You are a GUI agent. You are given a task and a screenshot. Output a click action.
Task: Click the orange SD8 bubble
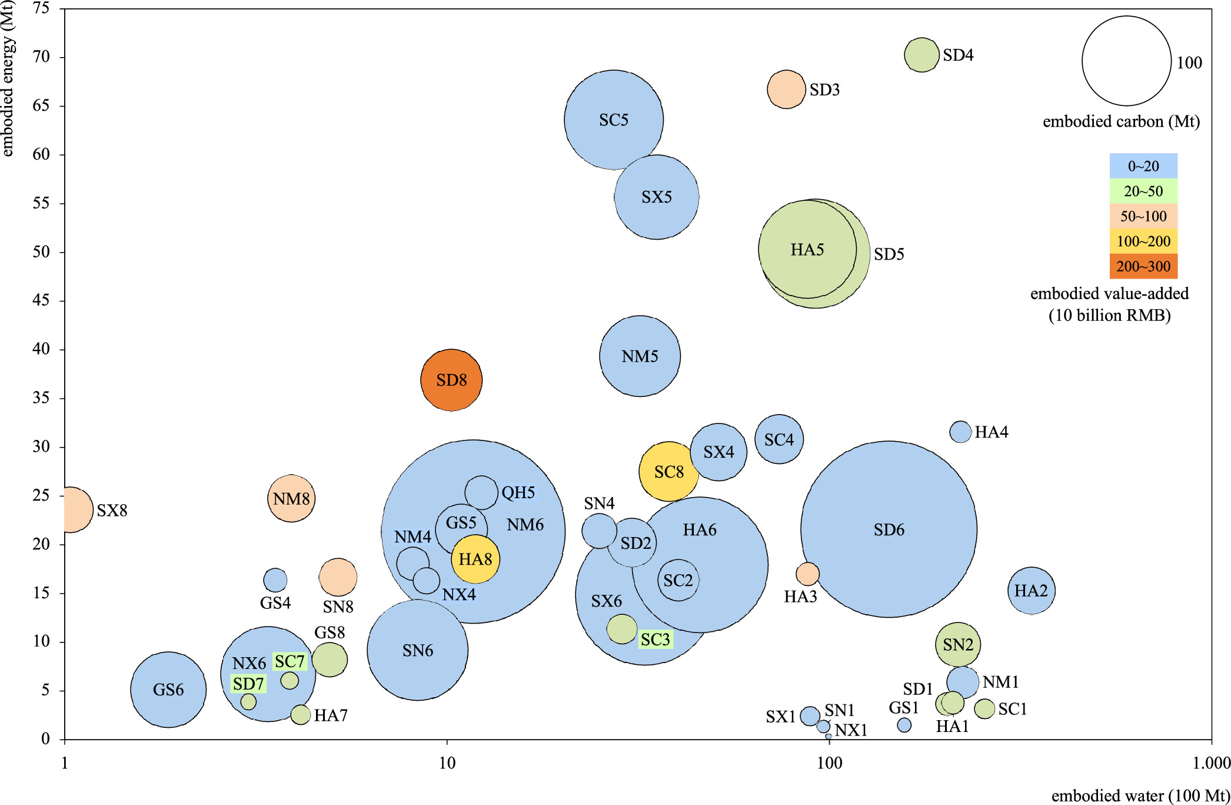tap(451, 380)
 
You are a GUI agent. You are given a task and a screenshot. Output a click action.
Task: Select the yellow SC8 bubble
tap(668, 472)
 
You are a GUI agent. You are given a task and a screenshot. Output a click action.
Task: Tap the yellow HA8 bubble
tap(475, 559)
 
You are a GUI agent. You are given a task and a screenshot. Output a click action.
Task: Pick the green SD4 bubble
tap(921, 55)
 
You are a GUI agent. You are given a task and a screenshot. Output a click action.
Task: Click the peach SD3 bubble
tap(786, 90)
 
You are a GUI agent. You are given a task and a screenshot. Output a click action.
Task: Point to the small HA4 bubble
tap(960, 432)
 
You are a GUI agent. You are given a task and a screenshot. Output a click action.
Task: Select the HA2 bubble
tap(1031, 591)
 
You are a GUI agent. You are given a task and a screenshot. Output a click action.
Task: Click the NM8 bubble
tap(291, 499)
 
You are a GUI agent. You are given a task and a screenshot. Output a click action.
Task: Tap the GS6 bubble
tap(168, 690)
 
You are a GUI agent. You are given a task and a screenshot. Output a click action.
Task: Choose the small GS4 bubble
tap(275, 580)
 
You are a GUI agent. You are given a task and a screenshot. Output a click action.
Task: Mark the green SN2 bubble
tap(958, 645)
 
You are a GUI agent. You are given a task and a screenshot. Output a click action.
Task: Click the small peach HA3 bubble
tap(807, 574)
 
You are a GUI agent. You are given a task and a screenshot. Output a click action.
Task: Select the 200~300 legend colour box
tap(1143, 266)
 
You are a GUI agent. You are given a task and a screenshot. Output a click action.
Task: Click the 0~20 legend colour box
tap(1143, 166)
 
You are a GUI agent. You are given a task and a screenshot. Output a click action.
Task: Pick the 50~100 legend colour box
tap(1143, 216)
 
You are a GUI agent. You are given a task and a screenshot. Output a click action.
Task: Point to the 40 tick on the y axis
tap(41, 349)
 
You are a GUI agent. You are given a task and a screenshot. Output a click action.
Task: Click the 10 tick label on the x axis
tap(447, 763)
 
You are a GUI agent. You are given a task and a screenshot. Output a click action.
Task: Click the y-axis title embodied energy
tap(8, 79)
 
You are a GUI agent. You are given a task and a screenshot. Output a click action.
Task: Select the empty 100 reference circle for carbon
tap(1126, 61)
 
